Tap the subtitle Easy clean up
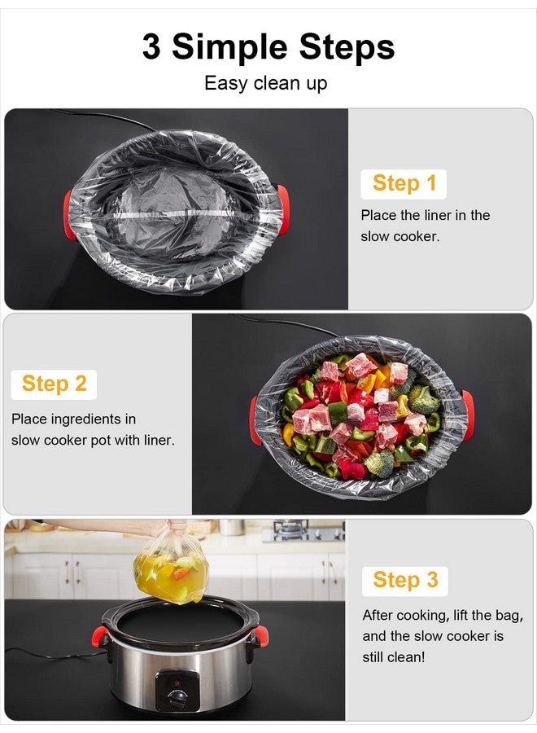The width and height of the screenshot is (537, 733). tap(265, 83)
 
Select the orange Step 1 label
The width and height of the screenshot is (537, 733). tap(404, 183)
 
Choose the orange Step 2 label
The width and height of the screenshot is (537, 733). tap(54, 384)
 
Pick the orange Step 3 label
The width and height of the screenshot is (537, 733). tap(404, 580)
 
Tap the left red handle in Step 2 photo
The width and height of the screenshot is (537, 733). tap(255, 419)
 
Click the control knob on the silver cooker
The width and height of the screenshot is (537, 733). tap(177, 697)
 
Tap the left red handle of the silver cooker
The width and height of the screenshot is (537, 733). tap(107, 635)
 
